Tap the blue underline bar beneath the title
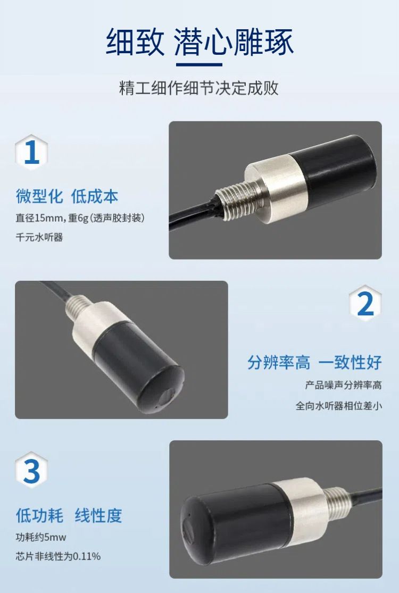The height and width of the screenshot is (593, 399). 199,64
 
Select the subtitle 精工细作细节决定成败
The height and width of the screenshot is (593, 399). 199,88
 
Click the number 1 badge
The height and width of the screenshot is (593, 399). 31,152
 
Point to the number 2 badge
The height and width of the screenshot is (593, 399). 365,303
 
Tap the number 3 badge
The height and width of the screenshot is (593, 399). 31,470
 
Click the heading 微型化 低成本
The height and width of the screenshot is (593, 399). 67,196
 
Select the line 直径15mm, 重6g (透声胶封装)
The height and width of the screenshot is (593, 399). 80,218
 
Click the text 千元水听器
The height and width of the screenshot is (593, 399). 39,238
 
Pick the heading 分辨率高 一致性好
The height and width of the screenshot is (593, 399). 314,362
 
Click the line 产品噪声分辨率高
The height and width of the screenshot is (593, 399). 343,386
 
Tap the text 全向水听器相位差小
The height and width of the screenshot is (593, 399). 339,406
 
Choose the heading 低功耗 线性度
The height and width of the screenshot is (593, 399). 69,515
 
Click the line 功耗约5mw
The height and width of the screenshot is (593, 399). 41,537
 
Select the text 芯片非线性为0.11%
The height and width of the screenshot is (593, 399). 58,556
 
